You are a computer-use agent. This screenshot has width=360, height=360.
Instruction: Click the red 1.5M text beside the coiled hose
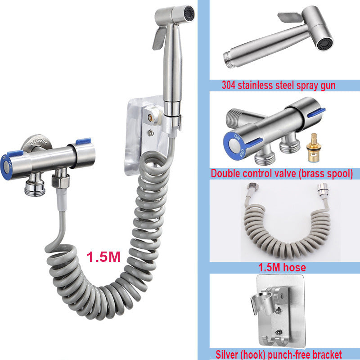pos(103,257)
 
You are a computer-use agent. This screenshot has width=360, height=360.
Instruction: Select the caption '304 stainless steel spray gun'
pos(279,85)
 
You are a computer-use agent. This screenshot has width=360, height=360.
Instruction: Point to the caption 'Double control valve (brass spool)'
pos(282,173)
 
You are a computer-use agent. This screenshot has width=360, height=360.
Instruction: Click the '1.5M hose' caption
pos(282,267)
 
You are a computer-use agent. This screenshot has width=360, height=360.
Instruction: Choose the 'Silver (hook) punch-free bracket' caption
pos(279,355)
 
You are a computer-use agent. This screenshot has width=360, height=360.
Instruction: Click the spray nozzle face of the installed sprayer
pos(189,13)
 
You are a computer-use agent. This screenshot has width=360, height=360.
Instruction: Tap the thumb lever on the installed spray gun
pos(159,37)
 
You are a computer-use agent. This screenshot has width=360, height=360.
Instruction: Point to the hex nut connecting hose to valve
pos(60,181)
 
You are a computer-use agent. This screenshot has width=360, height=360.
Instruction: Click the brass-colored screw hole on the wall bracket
pos(150,118)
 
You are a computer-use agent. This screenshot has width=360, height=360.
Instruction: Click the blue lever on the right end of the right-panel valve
pos(317,112)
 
